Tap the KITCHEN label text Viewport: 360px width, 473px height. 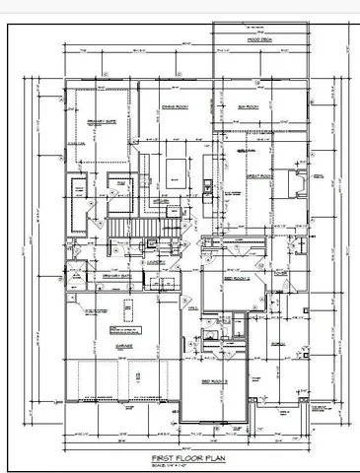click(x=164, y=201)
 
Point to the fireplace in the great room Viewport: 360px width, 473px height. click(x=296, y=184)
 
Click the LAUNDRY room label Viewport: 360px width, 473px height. click(x=156, y=264)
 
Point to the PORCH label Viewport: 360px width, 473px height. click(x=279, y=345)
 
